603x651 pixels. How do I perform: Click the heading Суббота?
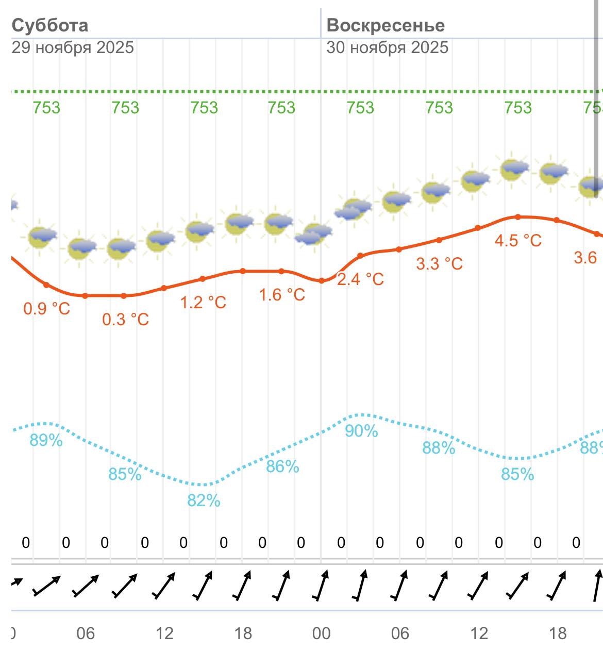click(x=50, y=25)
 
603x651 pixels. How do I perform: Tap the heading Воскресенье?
click(x=386, y=25)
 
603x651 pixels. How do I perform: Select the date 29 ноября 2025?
click(x=73, y=48)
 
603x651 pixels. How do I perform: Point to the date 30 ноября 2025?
click(x=388, y=48)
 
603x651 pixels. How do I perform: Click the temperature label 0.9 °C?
click(x=47, y=309)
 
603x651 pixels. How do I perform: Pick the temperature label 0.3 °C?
click(x=125, y=320)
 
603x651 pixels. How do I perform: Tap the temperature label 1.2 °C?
click(x=203, y=302)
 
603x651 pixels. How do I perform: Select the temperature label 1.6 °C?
click(x=282, y=295)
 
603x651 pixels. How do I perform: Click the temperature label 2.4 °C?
click(x=360, y=279)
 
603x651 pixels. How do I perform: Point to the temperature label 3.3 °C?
click(x=439, y=264)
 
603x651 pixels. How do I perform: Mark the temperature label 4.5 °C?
click(x=518, y=241)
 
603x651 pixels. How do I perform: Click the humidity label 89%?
click(x=46, y=440)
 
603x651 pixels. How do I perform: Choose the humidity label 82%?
click(x=204, y=500)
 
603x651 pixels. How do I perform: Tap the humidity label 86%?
click(x=282, y=466)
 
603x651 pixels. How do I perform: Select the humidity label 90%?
click(x=361, y=431)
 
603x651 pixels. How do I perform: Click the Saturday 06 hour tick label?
click(x=86, y=633)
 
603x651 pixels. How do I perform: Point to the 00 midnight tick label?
click(x=321, y=633)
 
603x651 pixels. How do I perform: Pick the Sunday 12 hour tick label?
click(x=479, y=633)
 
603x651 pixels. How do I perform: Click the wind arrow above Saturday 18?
click(x=242, y=586)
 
